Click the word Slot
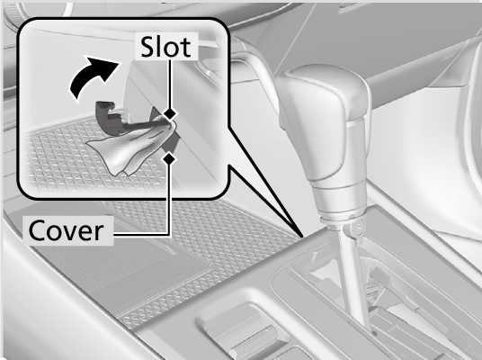(x=166, y=47)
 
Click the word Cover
(x=66, y=230)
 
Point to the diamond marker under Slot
(x=169, y=113)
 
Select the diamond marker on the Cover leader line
(x=169, y=158)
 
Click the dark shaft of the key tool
(x=145, y=124)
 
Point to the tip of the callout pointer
(x=303, y=237)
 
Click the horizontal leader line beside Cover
(x=141, y=235)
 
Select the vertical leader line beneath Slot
(x=169, y=84)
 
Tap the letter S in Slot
(x=147, y=47)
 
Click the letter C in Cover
(x=38, y=230)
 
